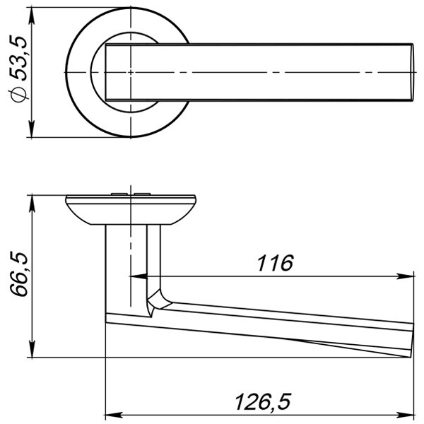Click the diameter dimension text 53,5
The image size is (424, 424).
tap(18, 58)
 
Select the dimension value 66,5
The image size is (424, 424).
tap(19, 274)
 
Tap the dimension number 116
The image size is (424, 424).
tap(275, 263)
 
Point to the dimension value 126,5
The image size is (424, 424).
tap(263, 402)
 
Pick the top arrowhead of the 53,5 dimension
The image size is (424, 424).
tap(32, 16)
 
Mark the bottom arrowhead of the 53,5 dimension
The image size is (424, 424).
tap(32, 129)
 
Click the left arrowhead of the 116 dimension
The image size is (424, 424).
tap(139, 276)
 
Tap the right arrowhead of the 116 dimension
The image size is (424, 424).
tap(405, 276)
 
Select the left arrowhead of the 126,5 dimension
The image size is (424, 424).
tap(114, 415)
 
